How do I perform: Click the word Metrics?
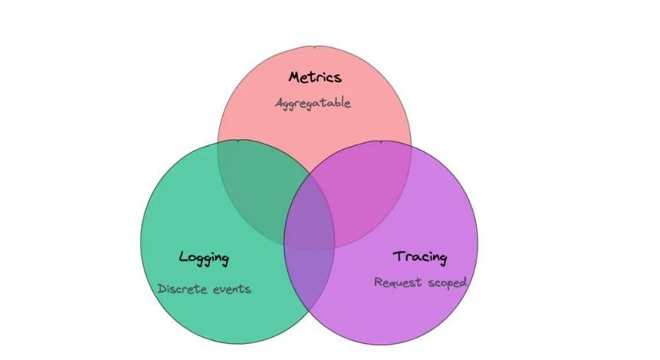(315, 77)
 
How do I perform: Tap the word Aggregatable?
(312, 103)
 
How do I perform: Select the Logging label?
(204, 258)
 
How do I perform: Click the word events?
(232, 289)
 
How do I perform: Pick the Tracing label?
(419, 257)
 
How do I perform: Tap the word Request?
(398, 282)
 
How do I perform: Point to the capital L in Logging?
(183, 256)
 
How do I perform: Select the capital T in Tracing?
(399, 256)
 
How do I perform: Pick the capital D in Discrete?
(162, 289)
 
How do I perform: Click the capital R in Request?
(378, 282)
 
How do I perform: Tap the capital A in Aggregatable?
(280, 103)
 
